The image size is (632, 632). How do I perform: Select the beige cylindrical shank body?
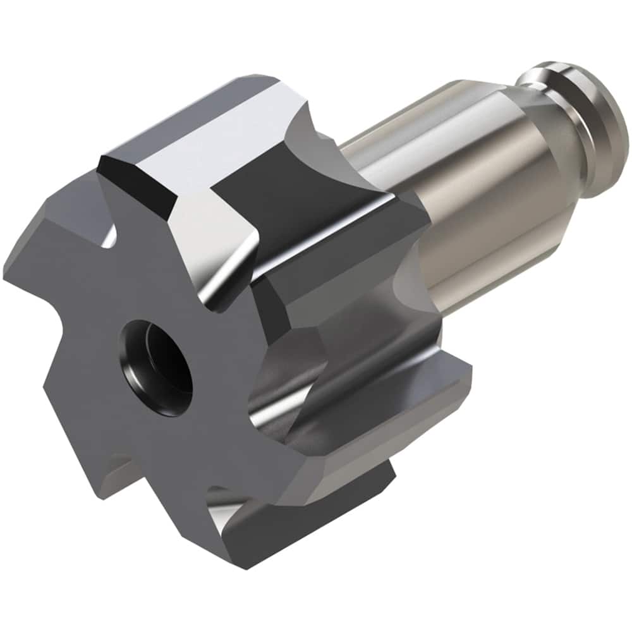[x=480, y=190]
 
